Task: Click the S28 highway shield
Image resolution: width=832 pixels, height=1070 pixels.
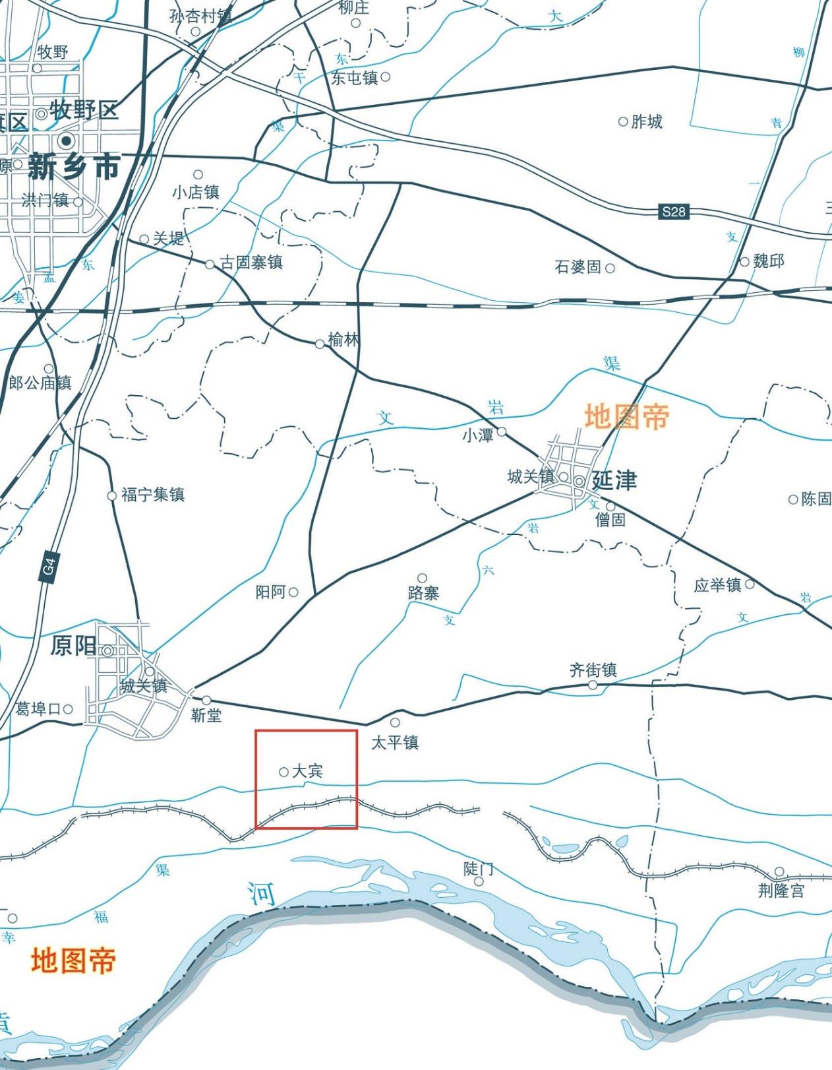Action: coord(674,212)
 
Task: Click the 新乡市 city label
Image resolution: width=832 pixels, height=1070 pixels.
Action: coord(74,168)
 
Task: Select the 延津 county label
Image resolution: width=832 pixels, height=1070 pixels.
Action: coord(614,480)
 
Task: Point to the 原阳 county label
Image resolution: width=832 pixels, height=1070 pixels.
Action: coord(73,646)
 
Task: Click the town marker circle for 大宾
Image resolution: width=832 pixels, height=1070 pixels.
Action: coord(283,772)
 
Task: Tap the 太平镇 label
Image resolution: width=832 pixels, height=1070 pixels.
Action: coord(395,743)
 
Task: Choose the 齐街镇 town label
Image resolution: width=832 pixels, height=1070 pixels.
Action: coord(593,670)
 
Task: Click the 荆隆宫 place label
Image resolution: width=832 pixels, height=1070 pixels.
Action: coord(781,891)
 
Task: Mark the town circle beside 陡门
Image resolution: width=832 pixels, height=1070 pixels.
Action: coord(479,881)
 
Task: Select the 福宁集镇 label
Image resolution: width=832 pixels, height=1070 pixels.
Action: coord(153,495)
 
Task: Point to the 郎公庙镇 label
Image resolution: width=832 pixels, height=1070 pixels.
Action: coord(40,383)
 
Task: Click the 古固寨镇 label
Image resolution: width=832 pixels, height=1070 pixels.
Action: coord(251,263)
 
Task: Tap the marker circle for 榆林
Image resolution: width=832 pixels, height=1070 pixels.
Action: coord(320,344)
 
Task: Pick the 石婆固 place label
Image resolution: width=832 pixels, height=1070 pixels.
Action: coord(578,267)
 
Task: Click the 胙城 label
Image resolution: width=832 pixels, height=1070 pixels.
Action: coord(646,121)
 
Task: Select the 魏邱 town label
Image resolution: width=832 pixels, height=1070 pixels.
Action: coord(769,261)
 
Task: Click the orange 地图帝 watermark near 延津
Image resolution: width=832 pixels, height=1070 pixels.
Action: coord(626,417)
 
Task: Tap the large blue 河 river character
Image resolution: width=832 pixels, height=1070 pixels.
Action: coord(262,894)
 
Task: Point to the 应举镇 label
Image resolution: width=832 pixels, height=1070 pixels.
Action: coord(717,585)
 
